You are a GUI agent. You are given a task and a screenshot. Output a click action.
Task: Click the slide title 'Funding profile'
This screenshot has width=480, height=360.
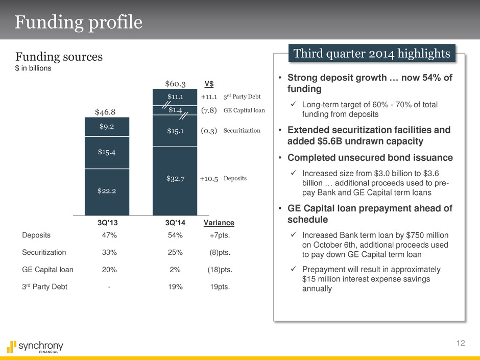pos(78,22)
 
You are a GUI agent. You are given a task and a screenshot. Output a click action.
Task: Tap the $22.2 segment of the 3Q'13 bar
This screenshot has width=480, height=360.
pos(107,190)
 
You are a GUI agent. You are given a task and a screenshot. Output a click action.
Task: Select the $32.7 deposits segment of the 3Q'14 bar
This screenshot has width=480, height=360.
pos(175,178)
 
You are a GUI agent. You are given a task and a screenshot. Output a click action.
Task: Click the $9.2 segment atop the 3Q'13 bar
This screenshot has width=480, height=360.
pos(107,127)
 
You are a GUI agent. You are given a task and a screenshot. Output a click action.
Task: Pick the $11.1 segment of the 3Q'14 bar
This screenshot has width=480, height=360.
pos(175,97)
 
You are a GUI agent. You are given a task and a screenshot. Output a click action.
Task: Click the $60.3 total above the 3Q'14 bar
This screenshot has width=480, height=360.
pos(175,83)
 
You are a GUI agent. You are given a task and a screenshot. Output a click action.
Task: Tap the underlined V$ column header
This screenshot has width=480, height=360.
pos(209,83)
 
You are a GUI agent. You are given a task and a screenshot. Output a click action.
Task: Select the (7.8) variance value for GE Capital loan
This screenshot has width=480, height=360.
pos(209,110)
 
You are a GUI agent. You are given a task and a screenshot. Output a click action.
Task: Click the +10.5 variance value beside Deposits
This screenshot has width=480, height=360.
pos(209,179)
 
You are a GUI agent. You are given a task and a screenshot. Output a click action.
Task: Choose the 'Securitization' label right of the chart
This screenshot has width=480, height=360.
pos(242,131)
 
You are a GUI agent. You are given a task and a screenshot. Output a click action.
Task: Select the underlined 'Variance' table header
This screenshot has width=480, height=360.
pos(219,223)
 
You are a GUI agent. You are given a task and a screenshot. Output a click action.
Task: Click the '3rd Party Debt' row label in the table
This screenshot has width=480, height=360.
pos(45,286)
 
